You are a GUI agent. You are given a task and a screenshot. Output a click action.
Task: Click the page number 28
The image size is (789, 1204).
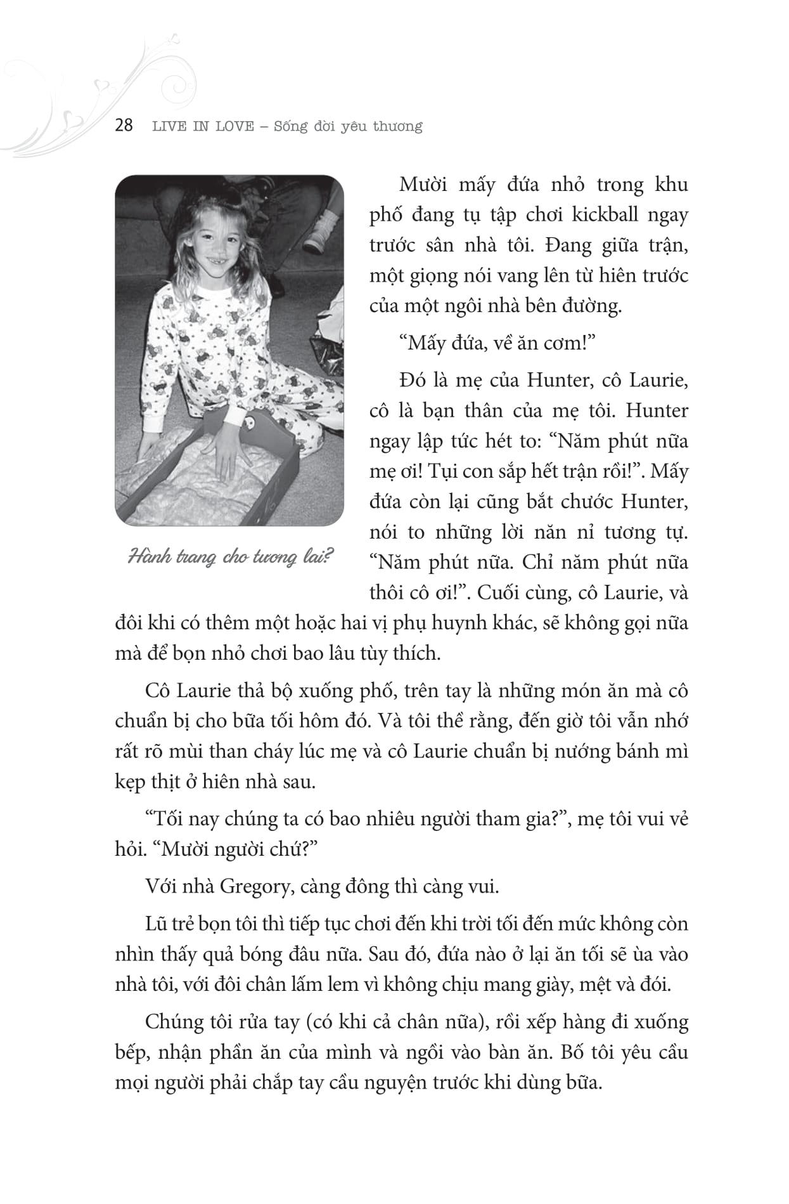point(124,125)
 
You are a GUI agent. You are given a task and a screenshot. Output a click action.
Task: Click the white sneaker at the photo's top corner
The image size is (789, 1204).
point(323,229)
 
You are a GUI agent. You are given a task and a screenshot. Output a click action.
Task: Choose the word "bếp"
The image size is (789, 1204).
point(131,1052)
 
